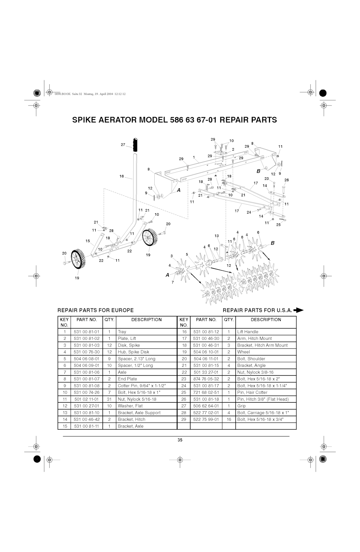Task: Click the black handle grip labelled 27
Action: point(135,145)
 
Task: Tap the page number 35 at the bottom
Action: point(180,440)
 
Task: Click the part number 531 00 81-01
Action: point(86,332)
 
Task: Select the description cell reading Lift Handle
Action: point(248,332)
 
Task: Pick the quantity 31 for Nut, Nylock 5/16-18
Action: point(109,399)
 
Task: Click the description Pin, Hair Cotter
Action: point(252,392)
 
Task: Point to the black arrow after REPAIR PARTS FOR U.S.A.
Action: point(298,310)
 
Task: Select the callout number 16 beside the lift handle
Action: point(122,176)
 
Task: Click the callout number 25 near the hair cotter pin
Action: point(278,225)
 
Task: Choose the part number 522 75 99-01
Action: point(206,419)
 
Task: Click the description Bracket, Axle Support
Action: point(139,413)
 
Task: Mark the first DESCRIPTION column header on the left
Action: point(147,319)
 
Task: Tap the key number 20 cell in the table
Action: point(184,359)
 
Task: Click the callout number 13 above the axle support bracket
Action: point(217,236)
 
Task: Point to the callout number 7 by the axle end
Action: point(173,283)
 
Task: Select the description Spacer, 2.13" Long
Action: point(136,359)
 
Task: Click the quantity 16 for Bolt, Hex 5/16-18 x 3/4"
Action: point(229,419)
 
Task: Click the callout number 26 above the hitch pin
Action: point(287,180)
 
